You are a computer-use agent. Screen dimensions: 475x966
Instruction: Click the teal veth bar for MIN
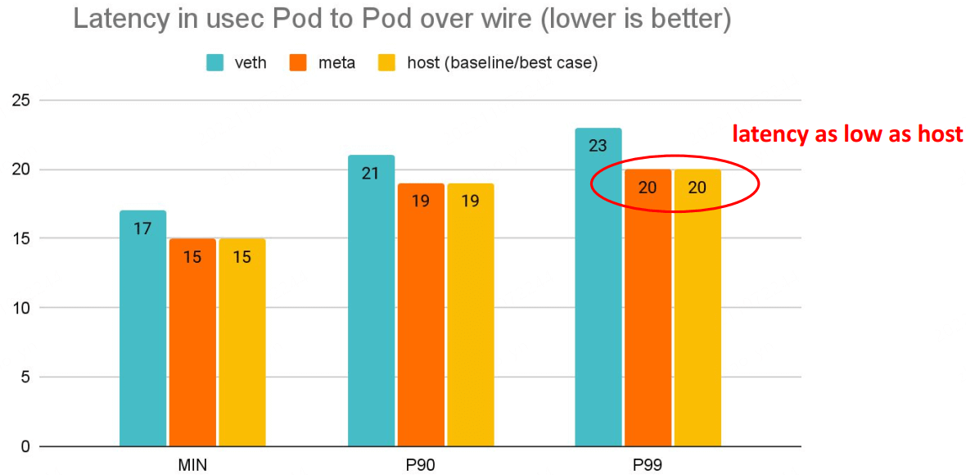click(x=142, y=328)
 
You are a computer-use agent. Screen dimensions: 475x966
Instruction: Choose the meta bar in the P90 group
click(x=421, y=314)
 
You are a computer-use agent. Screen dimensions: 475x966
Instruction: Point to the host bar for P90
click(x=470, y=314)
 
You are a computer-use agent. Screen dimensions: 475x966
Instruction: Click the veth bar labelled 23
click(x=598, y=287)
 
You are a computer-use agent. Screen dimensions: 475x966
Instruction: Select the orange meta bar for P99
click(x=648, y=308)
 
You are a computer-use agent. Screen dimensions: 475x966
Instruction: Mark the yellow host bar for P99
click(x=697, y=308)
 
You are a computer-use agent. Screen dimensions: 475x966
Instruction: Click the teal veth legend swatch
click(x=215, y=63)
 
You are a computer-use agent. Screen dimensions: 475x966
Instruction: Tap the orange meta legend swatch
click(x=299, y=63)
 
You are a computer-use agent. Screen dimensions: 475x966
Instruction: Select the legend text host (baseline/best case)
click(x=502, y=63)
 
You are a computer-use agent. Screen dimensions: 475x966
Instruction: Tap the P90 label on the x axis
click(x=420, y=465)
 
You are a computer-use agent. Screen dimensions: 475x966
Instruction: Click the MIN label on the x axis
click(x=192, y=465)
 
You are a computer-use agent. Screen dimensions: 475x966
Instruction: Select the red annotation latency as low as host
click(x=847, y=134)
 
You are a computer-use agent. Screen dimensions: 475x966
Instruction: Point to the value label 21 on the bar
click(x=371, y=174)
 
